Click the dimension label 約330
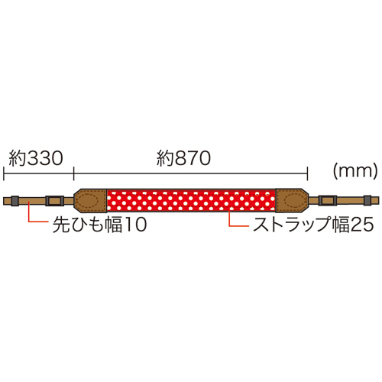coord(36,158)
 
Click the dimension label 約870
coord(183,158)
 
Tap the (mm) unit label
coord(355,171)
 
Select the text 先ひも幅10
coord(99,225)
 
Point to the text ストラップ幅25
coord(313,225)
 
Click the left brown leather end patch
coord(90,200)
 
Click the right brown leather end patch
coord(292,200)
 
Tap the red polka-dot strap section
coord(191,200)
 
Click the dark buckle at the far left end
coord(15,200)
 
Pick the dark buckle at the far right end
coord(367,200)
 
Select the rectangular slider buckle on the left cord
coord(54,200)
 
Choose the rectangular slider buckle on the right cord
coord(328,200)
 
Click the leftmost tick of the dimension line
coord(4,173)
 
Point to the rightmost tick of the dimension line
coord(307,173)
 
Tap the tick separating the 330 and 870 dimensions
coord(73,173)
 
